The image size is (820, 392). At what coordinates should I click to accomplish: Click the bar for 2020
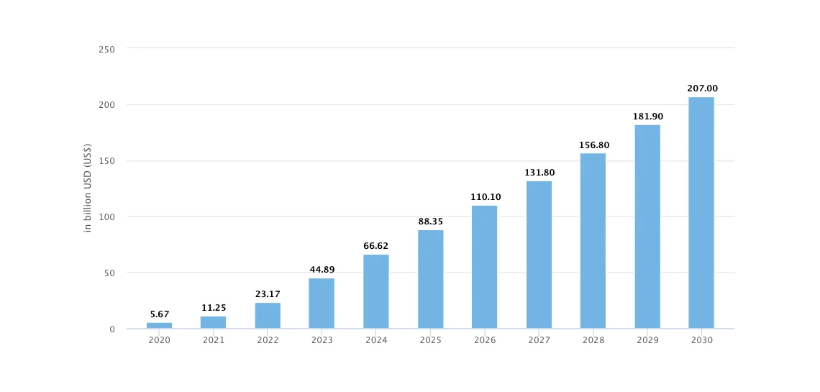pos(159,326)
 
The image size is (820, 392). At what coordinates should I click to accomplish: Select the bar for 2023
pos(322,304)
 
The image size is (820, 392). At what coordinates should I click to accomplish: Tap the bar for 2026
pos(484,267)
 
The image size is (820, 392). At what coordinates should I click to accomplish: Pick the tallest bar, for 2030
pos(701,213)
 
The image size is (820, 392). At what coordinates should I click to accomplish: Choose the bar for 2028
pos(593,241)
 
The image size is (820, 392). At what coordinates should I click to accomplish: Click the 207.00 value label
pos(702,88)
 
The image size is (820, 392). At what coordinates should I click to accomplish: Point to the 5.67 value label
pos(160,314)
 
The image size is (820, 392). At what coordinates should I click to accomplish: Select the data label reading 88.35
pos(431,222)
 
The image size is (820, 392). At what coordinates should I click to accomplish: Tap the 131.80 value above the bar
pos(539,173)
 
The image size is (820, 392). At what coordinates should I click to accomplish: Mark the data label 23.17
pos(268,294)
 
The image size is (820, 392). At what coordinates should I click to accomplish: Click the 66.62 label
pos(376,246)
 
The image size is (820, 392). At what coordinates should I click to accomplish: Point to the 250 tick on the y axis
pos(107,49)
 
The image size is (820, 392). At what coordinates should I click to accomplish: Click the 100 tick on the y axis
pos(107,217)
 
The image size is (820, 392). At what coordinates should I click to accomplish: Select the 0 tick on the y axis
pos(112,329)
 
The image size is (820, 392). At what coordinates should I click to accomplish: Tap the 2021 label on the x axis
pos(214,340)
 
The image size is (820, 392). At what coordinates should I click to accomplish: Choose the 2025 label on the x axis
pos(431,340)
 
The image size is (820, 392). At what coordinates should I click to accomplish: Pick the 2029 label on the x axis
pos(647,340)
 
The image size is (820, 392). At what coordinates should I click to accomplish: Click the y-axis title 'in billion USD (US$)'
pos(88,188)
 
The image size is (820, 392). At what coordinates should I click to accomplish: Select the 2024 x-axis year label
pos(376,340)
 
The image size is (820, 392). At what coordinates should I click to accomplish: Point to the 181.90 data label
pos(647,117)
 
